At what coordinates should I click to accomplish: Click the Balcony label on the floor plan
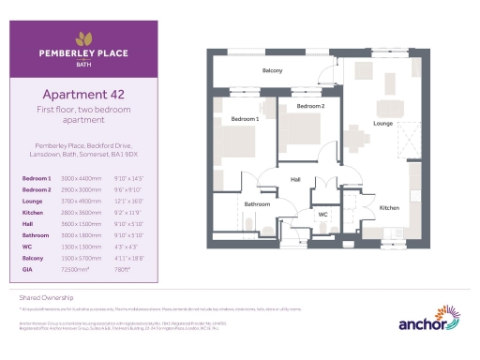click(x=272, y=70)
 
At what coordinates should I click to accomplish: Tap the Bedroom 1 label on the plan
click(x=245, y=119)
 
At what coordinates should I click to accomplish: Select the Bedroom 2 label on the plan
click(x=310, y=107)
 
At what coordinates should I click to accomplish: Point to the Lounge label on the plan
click(x=383, y=123)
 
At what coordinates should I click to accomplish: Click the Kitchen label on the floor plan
click(x=389, y=207)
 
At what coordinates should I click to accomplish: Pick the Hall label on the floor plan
click(x=295, y=179)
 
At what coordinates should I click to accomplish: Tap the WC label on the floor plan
click(x=322, y=214)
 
